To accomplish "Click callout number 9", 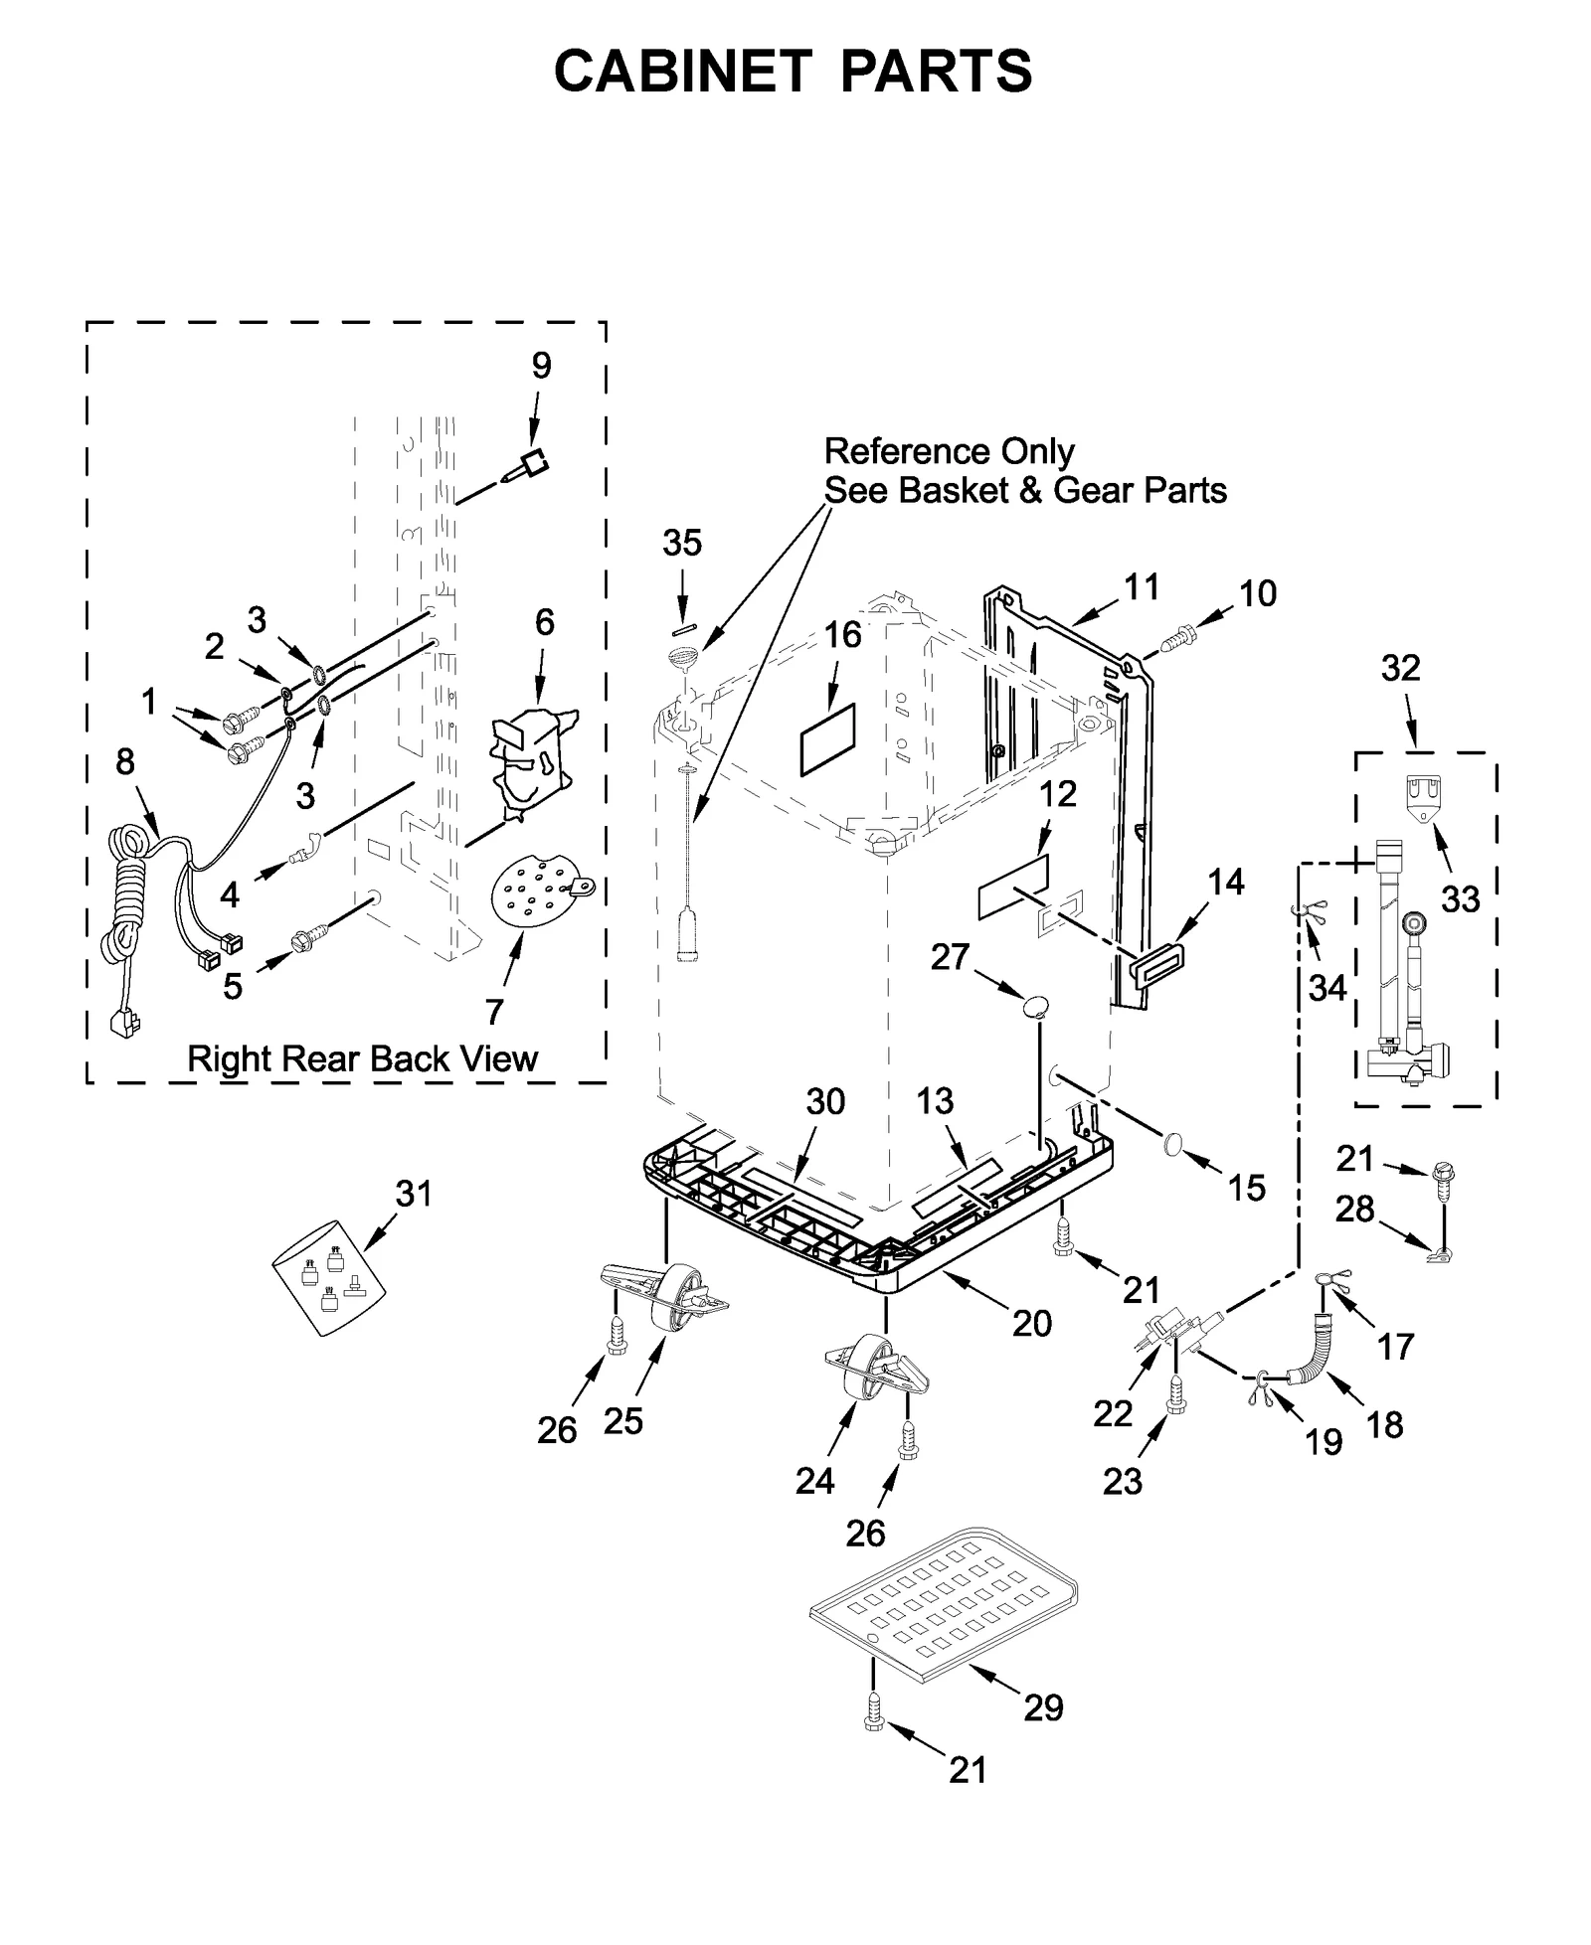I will pos(541,366).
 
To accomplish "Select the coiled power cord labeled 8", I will pos(127,894).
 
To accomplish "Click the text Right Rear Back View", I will pos(362,1059).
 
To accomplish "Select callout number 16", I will pos(843,634).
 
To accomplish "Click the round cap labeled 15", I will pos(1174,1145).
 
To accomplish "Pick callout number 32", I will pos(1400,668).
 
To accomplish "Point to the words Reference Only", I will pos(949,452).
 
